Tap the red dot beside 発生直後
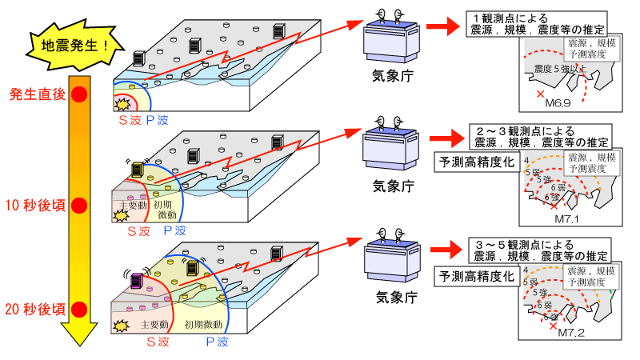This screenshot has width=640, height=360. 79,94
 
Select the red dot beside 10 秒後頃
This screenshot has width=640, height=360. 79,206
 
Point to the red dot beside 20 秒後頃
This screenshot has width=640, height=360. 79,308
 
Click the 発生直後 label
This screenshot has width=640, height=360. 37,94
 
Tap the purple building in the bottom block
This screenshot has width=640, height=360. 137,281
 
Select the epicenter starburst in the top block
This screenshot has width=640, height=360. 123,104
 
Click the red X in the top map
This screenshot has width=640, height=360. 540,94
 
